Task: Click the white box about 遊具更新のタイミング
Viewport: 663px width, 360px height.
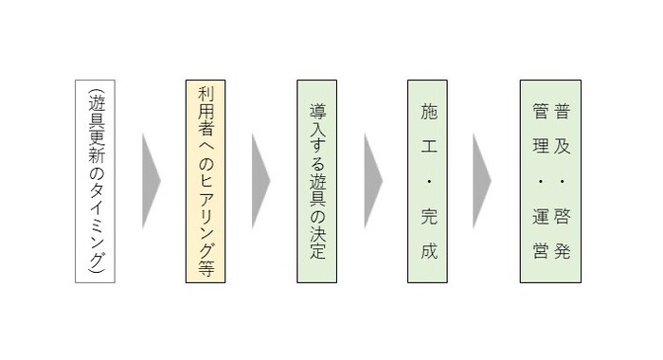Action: click(96, 181)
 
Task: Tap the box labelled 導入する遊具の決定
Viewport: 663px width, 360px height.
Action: click(317, 181)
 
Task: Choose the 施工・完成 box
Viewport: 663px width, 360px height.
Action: click(428, 181)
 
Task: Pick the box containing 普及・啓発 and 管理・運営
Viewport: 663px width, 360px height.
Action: click(550, 181)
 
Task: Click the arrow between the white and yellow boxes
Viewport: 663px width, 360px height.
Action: click(151, 181)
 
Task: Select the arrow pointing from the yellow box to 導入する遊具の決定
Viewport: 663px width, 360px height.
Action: click(260, 181)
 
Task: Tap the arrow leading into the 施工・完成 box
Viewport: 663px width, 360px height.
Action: click(372, 181)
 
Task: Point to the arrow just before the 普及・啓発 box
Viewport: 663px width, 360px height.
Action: click(482, 181)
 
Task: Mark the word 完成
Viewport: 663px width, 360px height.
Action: click(428, 239)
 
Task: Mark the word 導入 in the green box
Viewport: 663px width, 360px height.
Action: click(317, 117)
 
